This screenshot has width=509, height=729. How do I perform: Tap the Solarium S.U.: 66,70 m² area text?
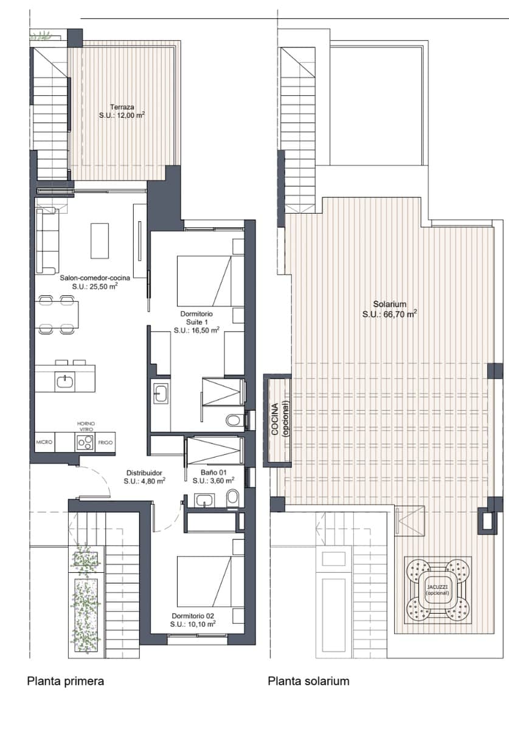point(389,314)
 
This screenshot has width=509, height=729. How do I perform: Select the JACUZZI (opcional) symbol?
point(437,589)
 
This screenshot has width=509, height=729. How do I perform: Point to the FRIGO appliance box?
point(105,443)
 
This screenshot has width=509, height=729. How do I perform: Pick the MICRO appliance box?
point(44,443)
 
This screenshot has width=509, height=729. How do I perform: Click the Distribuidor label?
point(145,472)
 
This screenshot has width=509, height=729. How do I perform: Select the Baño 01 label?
point(213,472)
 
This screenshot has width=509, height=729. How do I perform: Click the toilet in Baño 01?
point(231,499)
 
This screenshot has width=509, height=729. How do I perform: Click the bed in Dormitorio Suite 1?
point(204,281)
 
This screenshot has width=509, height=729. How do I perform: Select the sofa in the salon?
point(47,241)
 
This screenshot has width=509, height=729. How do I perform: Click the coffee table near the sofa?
point(100,241)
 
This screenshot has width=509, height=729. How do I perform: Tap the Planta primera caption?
point(65,681)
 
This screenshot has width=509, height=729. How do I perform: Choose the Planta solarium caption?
point(308,681)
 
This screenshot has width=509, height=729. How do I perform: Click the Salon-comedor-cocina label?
point(94,278)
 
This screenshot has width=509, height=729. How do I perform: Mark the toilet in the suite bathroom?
point(233,420)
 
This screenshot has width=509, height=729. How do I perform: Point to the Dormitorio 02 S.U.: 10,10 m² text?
point(193,624)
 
